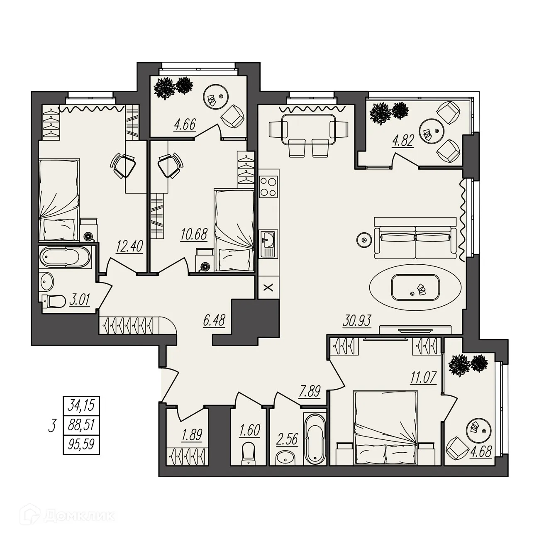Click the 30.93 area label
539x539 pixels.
(356, 321)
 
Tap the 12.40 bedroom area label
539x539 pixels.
(130, 247)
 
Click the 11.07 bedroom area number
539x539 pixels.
(423, 378)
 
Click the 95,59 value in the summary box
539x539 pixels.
(81, 444)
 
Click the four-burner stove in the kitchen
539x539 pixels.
(268, 187)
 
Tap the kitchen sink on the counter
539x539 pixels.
(268, 244)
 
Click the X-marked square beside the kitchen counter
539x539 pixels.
(268, 287)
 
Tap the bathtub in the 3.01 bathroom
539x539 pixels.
(65, 256)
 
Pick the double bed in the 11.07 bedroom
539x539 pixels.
(386, 428)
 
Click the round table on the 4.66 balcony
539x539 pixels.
(216, 97)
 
